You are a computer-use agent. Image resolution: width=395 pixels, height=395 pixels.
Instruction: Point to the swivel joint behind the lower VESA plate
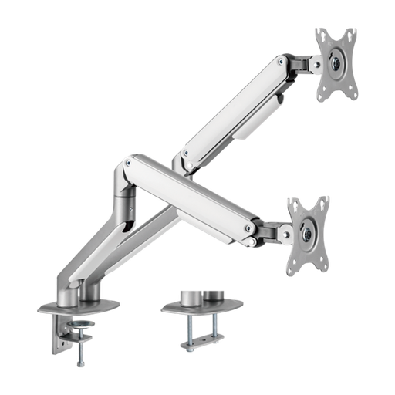[273, 229]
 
